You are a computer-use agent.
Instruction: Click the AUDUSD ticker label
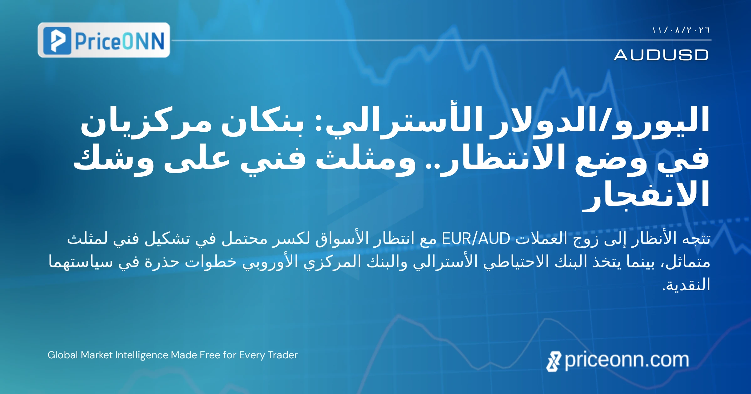(x=661, y=55)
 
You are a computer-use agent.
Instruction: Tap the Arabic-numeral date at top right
(x=681, y=30)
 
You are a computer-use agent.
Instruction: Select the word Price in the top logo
(x=97, y=41)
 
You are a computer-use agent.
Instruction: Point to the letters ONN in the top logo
(x=143, y=41)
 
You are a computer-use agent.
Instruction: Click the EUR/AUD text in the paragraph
(x=476, y=239)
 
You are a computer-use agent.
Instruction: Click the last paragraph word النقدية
(x=686, y=285)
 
